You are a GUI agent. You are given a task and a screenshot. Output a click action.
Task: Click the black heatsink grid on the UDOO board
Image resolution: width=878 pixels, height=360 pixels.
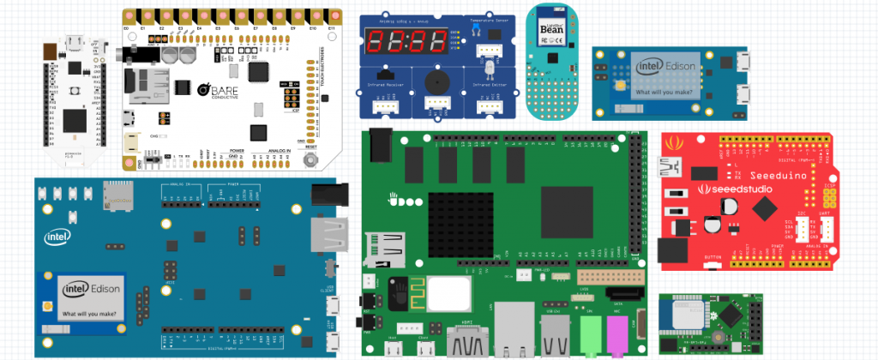click(x=451, y=214)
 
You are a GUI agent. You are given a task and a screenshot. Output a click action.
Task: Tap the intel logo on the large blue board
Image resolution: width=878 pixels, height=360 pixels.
click(x=58, y=237)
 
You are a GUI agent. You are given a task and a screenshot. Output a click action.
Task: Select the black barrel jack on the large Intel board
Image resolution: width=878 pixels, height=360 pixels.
click(x=324, y=193)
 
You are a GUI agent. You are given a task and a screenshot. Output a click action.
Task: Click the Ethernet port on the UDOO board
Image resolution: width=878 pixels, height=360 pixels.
click(x=518, y=326)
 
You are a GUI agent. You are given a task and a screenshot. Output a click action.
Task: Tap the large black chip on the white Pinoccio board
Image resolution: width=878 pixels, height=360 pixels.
click(x=75, y=120)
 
